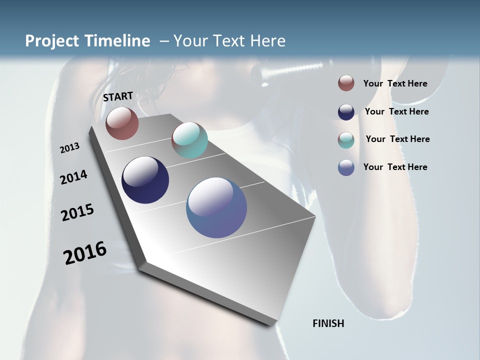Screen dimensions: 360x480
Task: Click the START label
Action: click(x=118, y=96)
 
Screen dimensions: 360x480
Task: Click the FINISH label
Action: click(x=328, y=323)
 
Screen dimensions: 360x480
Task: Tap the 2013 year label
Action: click(x=70, y=147)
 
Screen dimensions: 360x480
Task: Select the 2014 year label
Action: click(x=74, y=177)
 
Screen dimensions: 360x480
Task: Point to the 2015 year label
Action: click(x=77, y=212)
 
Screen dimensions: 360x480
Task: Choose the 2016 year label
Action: click(x=85, y=252)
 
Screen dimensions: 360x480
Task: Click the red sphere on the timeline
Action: click(x=122, y=123)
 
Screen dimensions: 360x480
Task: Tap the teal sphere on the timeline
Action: click(x=189, y=140)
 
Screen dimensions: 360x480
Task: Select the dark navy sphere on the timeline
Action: click(x=145, y=180)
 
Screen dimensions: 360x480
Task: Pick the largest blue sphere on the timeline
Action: click(x=216, y=207)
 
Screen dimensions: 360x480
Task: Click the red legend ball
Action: click(x=346, y=83)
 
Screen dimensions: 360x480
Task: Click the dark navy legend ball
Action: click(x=346, y=112)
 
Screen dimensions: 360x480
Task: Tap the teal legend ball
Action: click(x=346, y=140)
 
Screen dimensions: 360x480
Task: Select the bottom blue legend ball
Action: click(x=346, y=167)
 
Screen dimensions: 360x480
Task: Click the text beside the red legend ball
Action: click(x=395, y=83)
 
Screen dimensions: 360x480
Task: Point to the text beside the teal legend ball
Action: click(x=397, y=139)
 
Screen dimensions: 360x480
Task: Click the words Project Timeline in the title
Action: click(x=87, y=41)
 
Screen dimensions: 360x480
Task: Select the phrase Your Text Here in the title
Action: click(x=229, y=41)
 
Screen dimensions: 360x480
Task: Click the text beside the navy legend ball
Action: click(x=396, y=111)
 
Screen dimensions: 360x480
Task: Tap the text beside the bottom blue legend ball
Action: click(x=395, y=167)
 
